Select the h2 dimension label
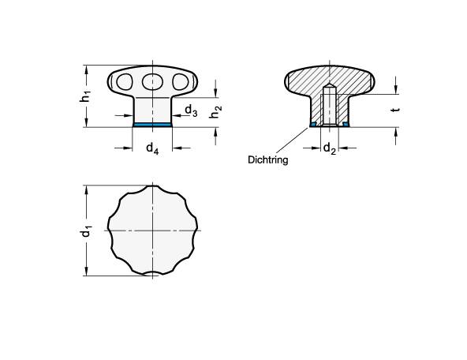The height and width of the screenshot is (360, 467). point(214,114)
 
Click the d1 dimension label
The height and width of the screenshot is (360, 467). point(88,231)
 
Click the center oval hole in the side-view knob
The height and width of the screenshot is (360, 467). point(151,81)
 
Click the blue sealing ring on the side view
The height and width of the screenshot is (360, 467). point(151,124)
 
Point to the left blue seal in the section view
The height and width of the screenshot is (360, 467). point(313,124)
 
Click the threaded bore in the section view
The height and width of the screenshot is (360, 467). point(331,107)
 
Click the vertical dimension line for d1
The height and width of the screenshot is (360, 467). point(84,205)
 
